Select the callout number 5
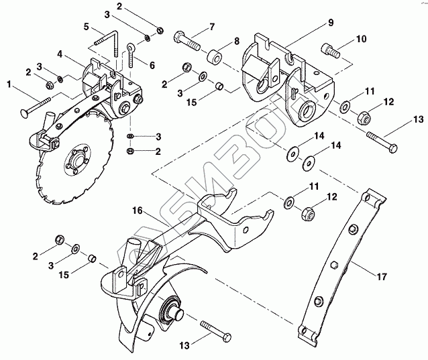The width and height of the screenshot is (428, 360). point(87,26)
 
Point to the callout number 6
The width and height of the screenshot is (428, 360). point(152,65)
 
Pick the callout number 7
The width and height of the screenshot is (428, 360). point(212,27)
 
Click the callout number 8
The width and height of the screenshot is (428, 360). point(236,42)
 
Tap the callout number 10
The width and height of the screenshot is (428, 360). point(362,39)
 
